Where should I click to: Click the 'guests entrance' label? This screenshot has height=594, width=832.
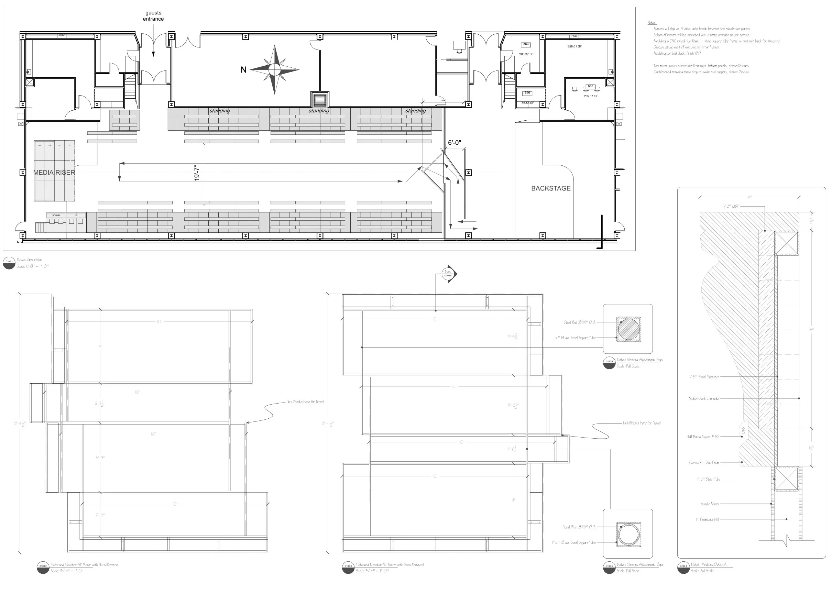[x=153, y=16]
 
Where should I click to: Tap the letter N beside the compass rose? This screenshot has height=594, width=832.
[x=243, y=70]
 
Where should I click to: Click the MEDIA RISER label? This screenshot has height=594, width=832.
[x=54, y=173]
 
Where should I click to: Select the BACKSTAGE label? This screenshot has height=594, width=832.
[x=551, y=188]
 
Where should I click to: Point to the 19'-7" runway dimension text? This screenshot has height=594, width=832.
[x=197, y=173]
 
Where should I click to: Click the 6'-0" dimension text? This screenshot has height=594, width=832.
[x=455, y=143]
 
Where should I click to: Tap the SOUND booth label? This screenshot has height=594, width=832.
[x=56, y=216]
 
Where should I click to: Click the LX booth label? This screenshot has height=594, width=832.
[x=76, y=216]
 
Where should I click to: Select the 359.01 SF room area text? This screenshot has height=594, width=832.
[x=574, y=46]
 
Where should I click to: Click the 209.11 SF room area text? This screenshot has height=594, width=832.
[x=591, y=96]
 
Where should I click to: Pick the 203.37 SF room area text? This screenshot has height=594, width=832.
[x=526, y=54]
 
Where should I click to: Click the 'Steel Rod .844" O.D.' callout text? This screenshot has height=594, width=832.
[x=579, y=322]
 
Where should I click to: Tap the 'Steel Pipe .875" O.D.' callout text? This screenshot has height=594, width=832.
[x=579, y=527]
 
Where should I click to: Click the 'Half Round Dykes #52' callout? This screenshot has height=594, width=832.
[x=702, y=437]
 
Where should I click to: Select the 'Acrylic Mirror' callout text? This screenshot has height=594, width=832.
[x=710, y=504]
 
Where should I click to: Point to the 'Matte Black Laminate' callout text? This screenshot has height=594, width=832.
[x=704, y=399]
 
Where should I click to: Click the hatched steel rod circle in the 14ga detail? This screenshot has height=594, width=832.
[x=628, y=329]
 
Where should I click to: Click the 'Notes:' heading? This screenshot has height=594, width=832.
[x=652, y=23]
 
